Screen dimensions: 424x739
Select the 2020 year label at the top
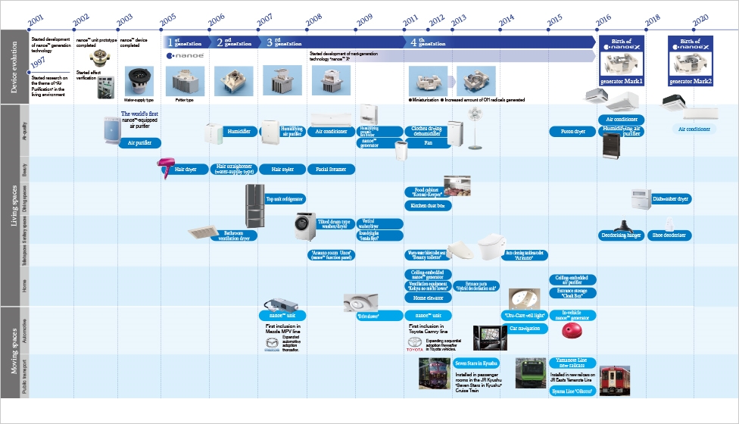coord(700,20)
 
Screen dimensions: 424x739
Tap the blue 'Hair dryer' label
coord(186,170)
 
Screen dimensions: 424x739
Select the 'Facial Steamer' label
coord(331,170)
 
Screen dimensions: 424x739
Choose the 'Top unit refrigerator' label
coord(285,199)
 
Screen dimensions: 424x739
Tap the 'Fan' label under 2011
coord(428,142)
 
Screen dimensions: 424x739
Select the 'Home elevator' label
coord(428,298)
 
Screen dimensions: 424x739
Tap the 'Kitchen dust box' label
coord(429,205)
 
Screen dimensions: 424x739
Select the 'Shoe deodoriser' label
coord(669,235)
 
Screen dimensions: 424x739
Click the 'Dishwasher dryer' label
coord(671,199)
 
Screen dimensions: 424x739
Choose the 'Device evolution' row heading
coord(14,67)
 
